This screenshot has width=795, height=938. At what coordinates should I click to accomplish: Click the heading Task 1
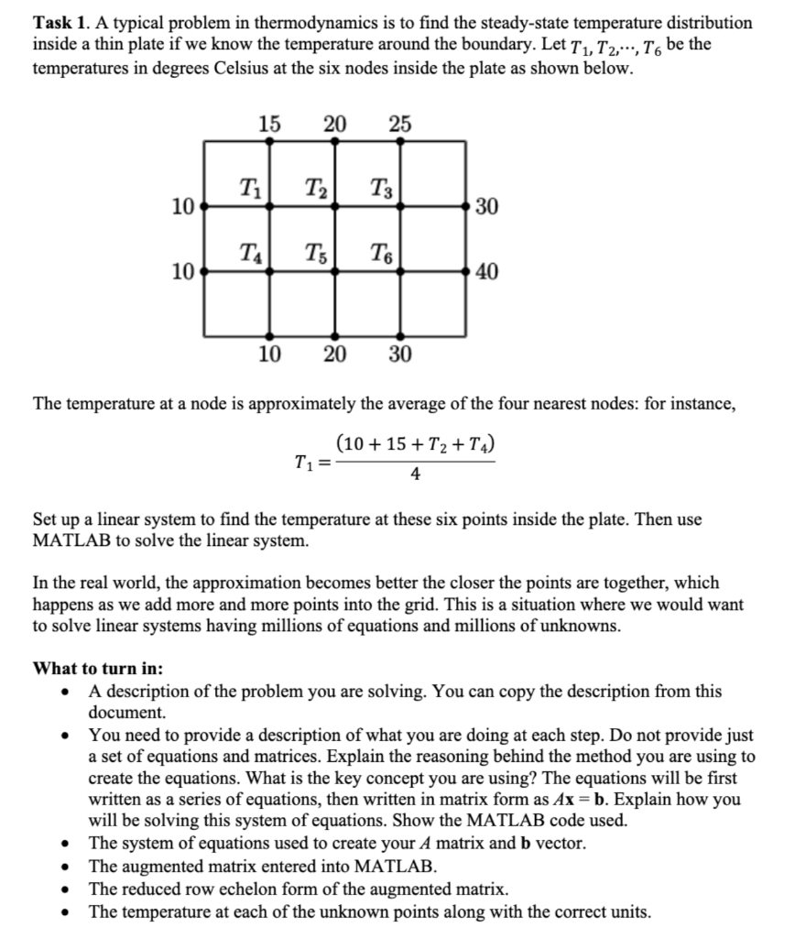[x=61, y=21]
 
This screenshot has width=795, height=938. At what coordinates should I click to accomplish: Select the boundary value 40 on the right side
[x=487, y=272]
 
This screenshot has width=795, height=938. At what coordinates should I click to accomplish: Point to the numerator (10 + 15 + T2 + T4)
[x=416, y=446]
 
